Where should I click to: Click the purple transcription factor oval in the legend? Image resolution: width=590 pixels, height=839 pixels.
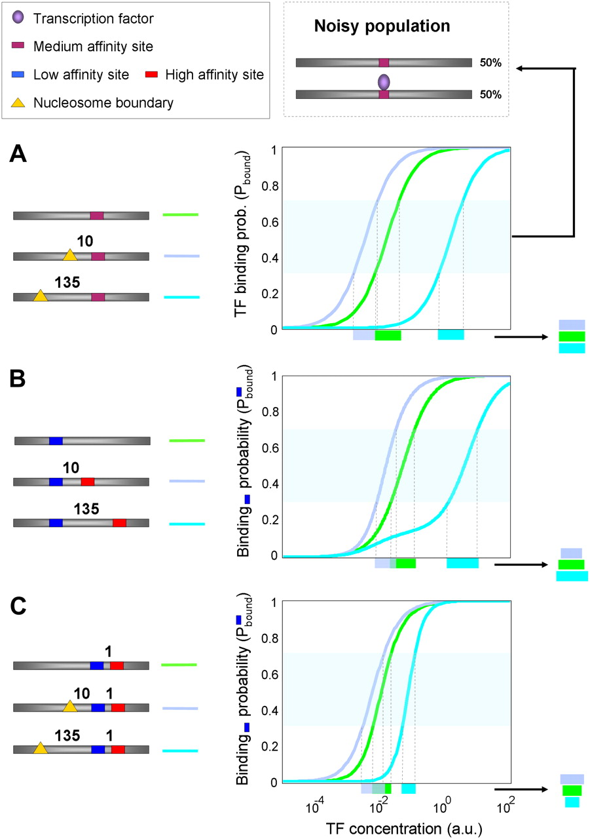click(x=18, y=17)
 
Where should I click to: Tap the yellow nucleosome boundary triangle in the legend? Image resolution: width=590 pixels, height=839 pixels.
click(x=18, y=103)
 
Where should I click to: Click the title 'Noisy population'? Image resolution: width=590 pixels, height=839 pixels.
click(x=382, y=26)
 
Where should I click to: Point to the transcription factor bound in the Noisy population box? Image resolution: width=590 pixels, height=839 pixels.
click(x=384, y=82)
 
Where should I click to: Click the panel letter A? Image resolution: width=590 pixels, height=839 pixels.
click(x=18, y=154)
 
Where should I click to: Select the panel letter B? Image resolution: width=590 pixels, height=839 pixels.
click(x=17, y=379)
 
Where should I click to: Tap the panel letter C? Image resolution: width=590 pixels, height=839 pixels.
click(x=18, y=606)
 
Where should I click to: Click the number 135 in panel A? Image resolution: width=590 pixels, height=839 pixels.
click(x=67, y=282)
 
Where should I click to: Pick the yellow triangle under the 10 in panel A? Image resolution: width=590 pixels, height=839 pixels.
click(x=69, y=255)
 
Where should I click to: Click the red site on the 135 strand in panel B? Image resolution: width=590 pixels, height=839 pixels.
click(x=119, y=522)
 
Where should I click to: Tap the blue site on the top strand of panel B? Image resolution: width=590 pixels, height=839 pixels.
click(x=56, y=441)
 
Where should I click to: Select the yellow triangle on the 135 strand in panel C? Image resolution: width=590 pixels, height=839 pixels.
click(x=41, y=749)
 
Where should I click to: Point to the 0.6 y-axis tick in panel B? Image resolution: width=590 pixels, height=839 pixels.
click(x=270, y=448)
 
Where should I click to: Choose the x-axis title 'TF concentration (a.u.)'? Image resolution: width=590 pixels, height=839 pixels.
click(x=403, y=829)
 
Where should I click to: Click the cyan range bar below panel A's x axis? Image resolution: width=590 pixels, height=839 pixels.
click(x=451, y=335)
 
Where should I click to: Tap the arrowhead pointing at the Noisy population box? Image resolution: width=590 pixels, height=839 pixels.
click(x=520, y=68)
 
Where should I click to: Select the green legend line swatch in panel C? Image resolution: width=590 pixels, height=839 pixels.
click(x=179, y=665)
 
